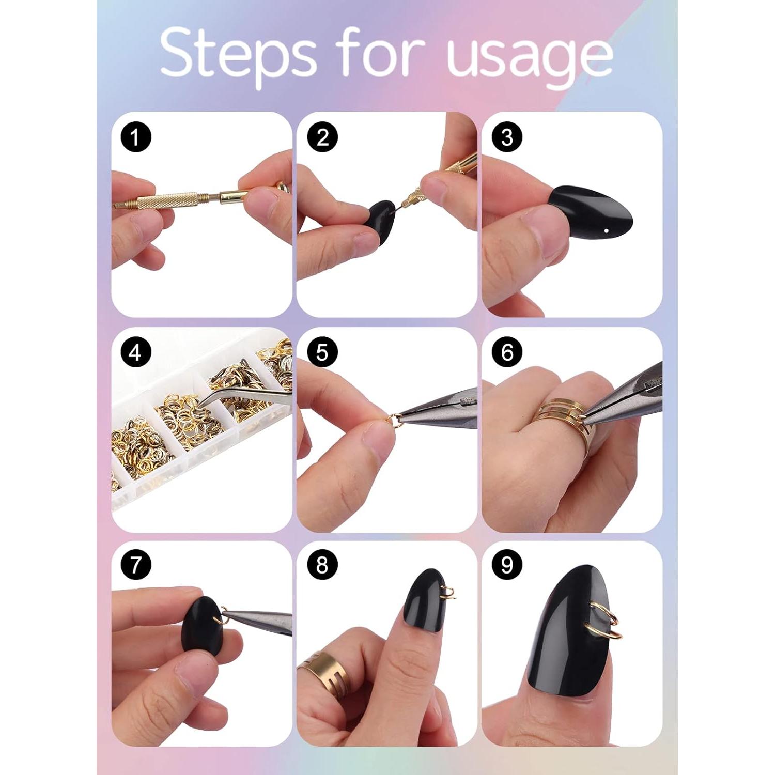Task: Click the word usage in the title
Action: pyautogui.click(x=530, y=57)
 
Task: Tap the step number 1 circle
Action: pyautogui.click(x=135, y=137)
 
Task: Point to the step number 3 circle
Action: pyautogui.click(x=507, y=137)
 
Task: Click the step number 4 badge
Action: pyautogui.click(x=135, y=353)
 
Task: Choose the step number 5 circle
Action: pyautogui.click(x=322, y=353)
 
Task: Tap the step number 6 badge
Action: pyautogui.click(x=507, y=353)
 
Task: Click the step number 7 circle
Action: pyautogui.click(x=135, y=565)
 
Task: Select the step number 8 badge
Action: pyautogui.click(x=322, y=565)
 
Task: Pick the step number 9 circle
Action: pyautogui.click(x=507, y=565)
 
